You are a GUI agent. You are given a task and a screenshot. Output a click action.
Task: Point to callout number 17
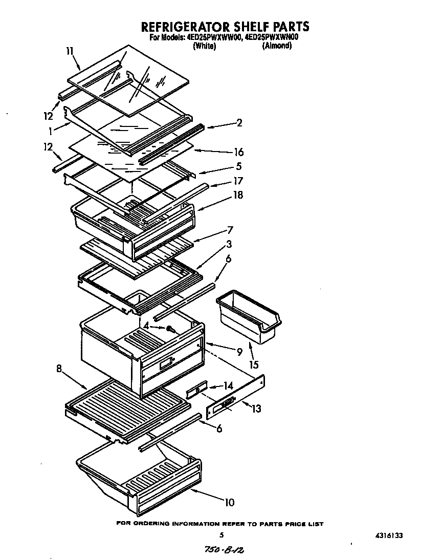click(238, 181)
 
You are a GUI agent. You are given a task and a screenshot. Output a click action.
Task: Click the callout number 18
click(237, 195)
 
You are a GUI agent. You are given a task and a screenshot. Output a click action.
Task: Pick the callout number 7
click(230, 230)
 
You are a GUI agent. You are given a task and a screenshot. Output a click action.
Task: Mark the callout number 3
click(230, 244)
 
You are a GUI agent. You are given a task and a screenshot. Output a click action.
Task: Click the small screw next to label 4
click(168, 328)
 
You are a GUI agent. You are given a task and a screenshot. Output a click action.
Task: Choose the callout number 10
click(229, 502)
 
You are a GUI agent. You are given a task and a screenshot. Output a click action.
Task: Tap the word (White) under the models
click(204, 46)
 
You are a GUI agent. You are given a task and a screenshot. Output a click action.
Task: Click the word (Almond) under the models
click(277, 46)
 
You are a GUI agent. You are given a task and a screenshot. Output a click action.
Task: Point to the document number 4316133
click(388, 535)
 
